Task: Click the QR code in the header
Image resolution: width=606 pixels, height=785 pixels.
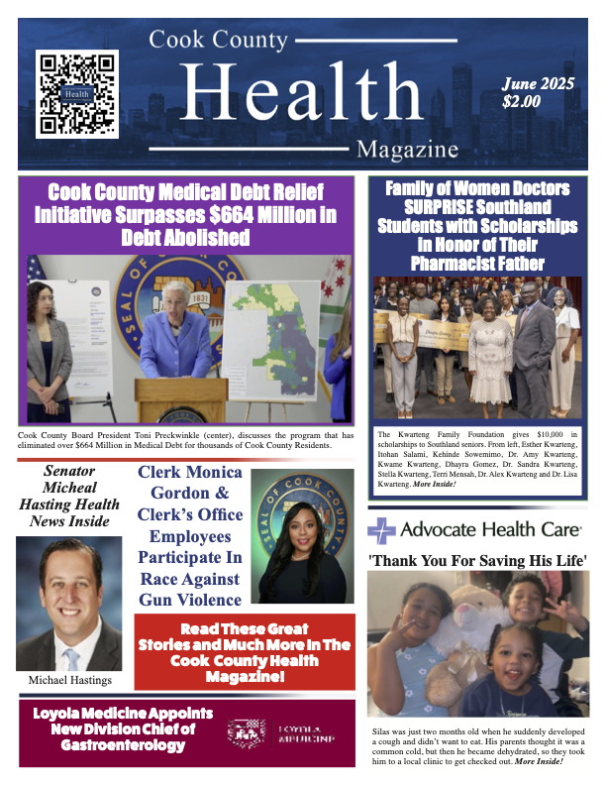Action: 76,94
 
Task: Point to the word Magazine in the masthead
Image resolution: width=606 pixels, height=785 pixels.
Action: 408,150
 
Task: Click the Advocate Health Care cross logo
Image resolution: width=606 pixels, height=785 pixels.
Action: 382,530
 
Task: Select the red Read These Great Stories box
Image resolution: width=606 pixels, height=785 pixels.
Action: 246,652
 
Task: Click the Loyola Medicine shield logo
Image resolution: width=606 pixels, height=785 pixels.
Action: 247,732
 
